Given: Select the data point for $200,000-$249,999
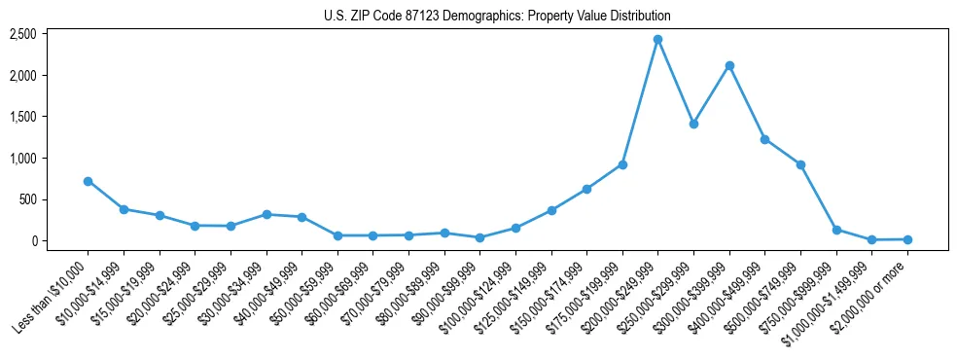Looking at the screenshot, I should (x=657, y=39).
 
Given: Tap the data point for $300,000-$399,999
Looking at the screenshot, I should (x=729, y=65).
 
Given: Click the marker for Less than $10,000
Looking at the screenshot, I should (x=88, y=181).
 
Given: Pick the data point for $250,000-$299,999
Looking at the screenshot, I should (x=693, y=124).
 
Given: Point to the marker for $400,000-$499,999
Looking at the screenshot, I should (x=764, y=139).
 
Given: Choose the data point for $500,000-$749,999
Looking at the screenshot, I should (x=800, y=164).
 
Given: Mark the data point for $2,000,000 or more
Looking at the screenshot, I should (x=907, y=239).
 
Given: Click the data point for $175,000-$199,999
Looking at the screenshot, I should (x=622, y=164).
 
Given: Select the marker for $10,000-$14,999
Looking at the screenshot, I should (x=124, y=209).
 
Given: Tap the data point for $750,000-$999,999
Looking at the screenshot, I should (x=836, y=230).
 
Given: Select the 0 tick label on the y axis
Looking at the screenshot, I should (x=60, y=241).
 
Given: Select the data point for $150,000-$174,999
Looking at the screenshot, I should (x=586, y=189).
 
